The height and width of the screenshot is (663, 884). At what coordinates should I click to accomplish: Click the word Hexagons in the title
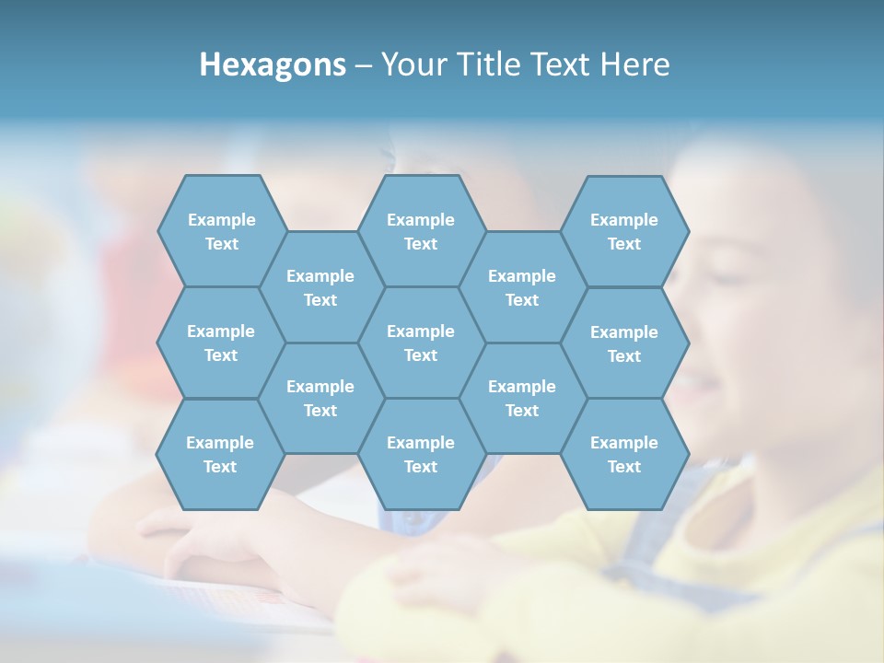[x=273, y=64]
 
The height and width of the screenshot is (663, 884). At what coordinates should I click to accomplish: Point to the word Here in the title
[x=635, y=64]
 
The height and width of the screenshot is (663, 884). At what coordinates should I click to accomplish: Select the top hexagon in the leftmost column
[x=221, y=231]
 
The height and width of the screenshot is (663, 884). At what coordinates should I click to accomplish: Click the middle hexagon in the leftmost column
[x=221, y=343]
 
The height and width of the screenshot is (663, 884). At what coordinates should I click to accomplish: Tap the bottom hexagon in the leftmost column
[x=220, y=454]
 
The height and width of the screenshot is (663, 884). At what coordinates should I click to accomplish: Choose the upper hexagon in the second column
[x=320, y=287]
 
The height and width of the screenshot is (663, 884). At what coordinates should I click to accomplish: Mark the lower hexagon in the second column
[x=320, y=398]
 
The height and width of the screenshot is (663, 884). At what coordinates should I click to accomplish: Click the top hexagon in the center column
[x=421, y=231]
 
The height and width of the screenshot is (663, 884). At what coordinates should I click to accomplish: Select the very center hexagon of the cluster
[x=421, y=343]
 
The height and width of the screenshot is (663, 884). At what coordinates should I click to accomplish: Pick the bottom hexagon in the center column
[x=421, y=454]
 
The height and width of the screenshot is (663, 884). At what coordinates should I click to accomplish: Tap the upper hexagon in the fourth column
[x=522, y=287]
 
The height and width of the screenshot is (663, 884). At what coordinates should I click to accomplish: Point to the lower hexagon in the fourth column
[x=522, y=398]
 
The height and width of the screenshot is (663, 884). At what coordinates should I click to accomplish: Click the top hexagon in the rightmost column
[x=624, y=231]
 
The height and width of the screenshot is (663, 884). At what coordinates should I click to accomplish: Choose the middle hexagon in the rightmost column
[x=624, y=343]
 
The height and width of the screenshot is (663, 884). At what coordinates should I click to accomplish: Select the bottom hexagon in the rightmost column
[x=624, y=454]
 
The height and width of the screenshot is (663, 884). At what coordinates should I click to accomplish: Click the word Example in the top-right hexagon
[x=624, y=220]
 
